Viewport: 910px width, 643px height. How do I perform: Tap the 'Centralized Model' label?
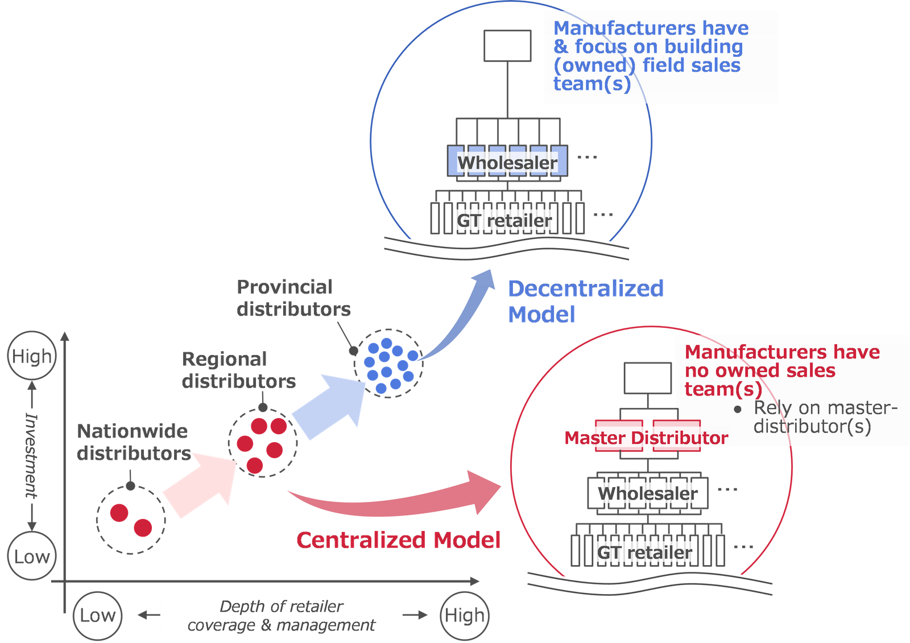tap(399, 540)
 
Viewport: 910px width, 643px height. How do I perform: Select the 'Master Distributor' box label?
tap(646, 438)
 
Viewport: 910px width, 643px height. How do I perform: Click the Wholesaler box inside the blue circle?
tap(507, 162)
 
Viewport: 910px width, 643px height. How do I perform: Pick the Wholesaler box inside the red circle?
tap(647, 493)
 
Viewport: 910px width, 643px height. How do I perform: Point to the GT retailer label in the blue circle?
tap(504, 220)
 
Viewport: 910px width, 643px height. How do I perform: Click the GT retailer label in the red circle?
tap(644, 552)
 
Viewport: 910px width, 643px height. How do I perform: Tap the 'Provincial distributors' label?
tap(293, 298)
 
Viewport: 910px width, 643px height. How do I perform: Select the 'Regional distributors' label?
tap(238, 370)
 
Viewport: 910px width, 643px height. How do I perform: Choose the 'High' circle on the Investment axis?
tap(32, 356)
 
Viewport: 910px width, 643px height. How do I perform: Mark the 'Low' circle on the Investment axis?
tap(32, 557)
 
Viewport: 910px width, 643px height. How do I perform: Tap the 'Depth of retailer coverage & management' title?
tap(282, 615)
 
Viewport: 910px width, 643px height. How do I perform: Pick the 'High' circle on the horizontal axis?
tap(465, 615)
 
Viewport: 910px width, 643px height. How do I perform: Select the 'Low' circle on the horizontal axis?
tap(97, 615)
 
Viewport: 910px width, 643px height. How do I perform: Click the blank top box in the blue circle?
tap(507, 46)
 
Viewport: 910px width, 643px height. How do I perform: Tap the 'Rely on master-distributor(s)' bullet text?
tap(825, 417)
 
